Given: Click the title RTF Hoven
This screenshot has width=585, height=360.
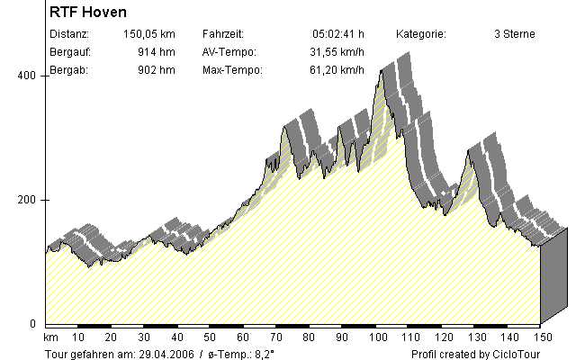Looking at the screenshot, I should click(x=88, y=13).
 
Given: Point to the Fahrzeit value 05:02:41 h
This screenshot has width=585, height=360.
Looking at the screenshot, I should click(x=337, y=34).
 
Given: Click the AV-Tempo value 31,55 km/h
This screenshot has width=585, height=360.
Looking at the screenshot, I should click(x=334, y=52).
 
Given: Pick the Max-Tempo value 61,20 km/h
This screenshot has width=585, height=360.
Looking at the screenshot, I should click(x=334, y=69).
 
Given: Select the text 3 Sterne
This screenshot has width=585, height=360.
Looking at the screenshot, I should click(x=515, y=34).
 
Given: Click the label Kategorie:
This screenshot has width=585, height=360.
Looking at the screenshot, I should click(x=421, y=34).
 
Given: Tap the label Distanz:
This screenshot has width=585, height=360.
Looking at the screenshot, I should click(x=70, y=34).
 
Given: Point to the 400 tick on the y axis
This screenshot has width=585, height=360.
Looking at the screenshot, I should click(x=27, y=76).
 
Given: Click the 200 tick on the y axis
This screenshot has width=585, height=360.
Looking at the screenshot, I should click(x=27, y=200).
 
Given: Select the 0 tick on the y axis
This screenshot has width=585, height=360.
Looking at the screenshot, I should click(x=34, y=323).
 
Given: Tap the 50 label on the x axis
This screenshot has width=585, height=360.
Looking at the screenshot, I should click(x=211, y=337).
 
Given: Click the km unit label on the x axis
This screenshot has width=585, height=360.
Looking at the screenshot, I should click(x=50, y=337).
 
